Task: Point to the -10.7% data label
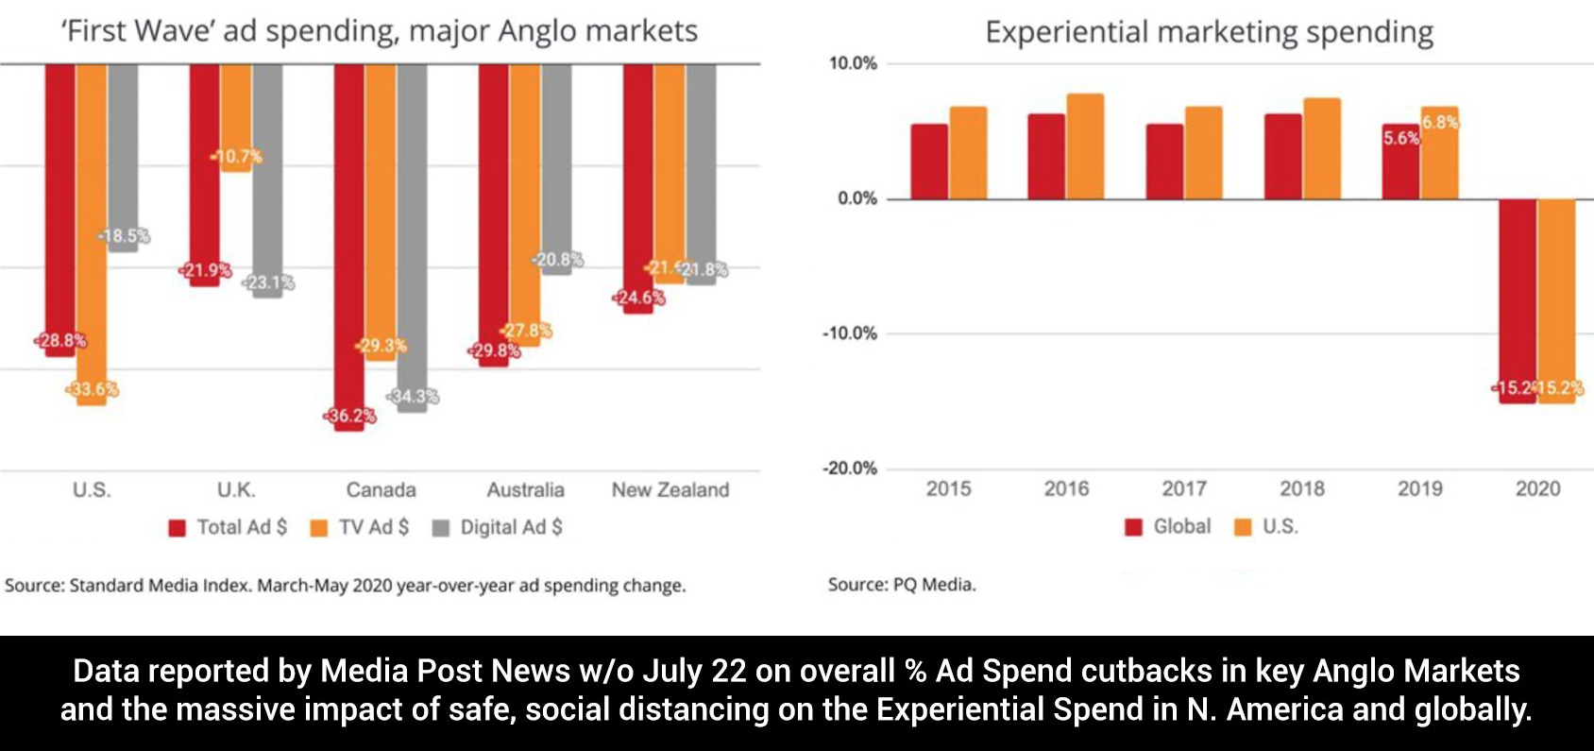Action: tap(237, 157)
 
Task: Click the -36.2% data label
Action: tap(350, 416)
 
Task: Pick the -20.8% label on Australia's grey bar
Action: tap(557, 260)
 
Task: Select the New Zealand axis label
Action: tap(670, 489)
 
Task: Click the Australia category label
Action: tap(525, 489)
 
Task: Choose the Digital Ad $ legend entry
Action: tap(498, 527)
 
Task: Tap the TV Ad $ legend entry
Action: tap(361, 527)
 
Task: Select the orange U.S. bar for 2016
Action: tap(1085, 146)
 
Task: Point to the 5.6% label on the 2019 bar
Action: tap(1401, 138)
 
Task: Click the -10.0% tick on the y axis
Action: tap(849, 333)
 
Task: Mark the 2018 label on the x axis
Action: tap(1302, 488)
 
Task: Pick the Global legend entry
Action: tap(1169, 526)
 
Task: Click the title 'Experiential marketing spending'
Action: tap(1209, 32)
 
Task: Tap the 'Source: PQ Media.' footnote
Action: tap(902, 585)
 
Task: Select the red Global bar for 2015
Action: tap(929, 161)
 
